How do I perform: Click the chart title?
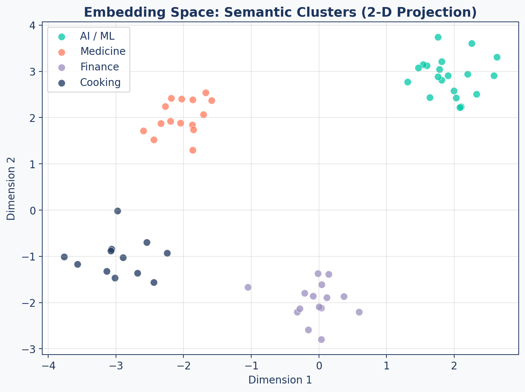[280, 12]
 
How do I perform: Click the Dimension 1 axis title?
[280, 380]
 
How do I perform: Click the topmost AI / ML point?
[438, 37]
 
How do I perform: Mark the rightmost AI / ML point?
[497, 57]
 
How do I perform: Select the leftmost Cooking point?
[64, 257]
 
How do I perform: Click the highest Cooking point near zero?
[117, 211]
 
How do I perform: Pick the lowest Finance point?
[321, 339]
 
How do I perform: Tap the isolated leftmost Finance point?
[248, 287]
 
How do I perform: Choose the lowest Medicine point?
[193, 150]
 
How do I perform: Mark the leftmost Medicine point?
[143, 131]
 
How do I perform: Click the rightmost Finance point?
[359, 312]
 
